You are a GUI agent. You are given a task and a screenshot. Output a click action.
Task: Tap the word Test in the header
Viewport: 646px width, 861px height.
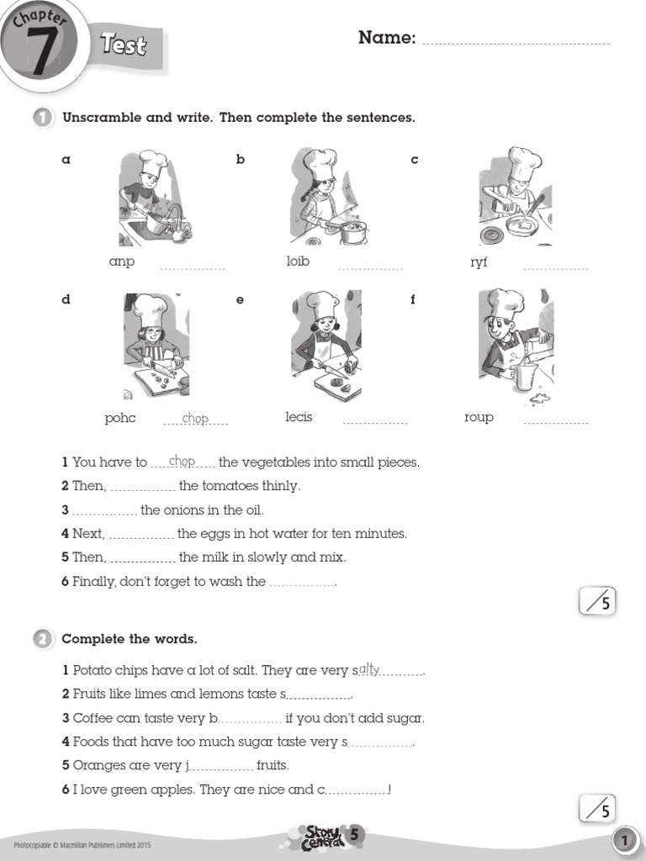pyautogui.click(x=124, y=45)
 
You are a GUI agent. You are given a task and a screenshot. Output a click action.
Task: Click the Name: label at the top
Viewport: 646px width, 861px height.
pyautogui.click(x=387, y=38)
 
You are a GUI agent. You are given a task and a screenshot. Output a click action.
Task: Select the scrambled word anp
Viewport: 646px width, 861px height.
pyautogui.click(x=122, y=261)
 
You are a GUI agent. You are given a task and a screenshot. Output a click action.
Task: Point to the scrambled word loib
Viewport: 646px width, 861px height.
pyautogui.click(x=298, y=261)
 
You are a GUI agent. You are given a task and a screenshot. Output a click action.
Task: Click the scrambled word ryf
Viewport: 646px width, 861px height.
pyautogui.click(x=479, y=262)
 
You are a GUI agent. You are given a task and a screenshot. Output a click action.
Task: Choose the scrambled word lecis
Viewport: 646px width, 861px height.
pyautogui.click(x=299, y=417)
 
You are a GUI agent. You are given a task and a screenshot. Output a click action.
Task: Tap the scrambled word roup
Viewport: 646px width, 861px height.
pyautogui.click(x=479, y=417)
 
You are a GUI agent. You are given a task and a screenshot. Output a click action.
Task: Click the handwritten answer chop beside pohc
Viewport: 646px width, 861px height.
pyautogui.click(x=195, y=418)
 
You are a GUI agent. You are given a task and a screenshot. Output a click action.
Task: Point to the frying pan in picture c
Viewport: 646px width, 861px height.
pyautogui.click(x=522, y=224)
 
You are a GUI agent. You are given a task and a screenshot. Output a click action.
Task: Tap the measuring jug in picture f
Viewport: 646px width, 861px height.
pyautogui.click(x=523, y=376)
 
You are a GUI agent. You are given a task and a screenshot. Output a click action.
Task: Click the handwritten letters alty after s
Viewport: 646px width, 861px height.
pyautogui.click(x=369, y=669)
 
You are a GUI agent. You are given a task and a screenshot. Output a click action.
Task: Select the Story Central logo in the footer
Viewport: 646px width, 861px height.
pyautogui.click(x=324, y=836)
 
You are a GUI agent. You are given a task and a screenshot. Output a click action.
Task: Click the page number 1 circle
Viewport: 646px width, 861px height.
pyautogui.click(x=623, y=840)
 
